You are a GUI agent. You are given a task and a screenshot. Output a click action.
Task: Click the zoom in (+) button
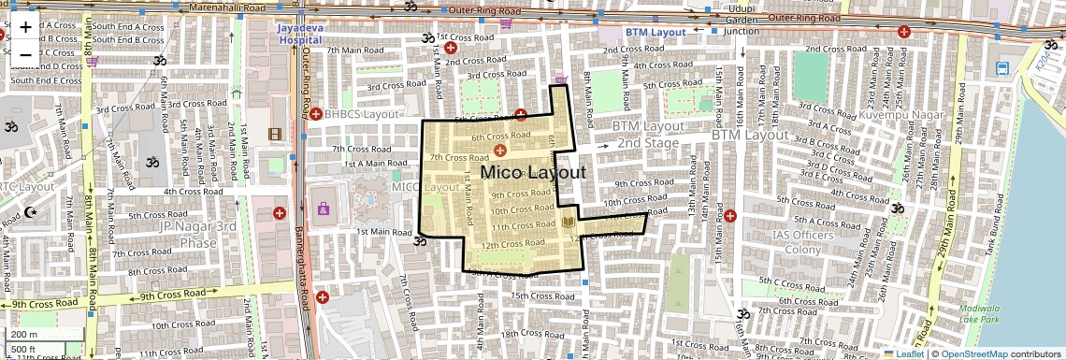point(25,26)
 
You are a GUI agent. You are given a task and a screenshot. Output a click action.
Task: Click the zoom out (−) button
point(25,54)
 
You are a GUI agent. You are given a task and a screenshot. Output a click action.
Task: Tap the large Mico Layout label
point(533,173)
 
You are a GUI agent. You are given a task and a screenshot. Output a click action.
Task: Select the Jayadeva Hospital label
point(300,34)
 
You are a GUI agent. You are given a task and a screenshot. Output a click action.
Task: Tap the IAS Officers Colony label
point(803,242)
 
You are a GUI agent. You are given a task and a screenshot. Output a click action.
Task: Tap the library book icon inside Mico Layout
point(569,222)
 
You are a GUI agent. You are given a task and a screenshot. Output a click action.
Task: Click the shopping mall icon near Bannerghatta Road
point(323,209)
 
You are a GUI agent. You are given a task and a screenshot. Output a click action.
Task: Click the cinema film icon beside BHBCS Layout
point(275,135)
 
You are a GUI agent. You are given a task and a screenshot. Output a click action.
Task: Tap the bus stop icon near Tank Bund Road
point(1002,68)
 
